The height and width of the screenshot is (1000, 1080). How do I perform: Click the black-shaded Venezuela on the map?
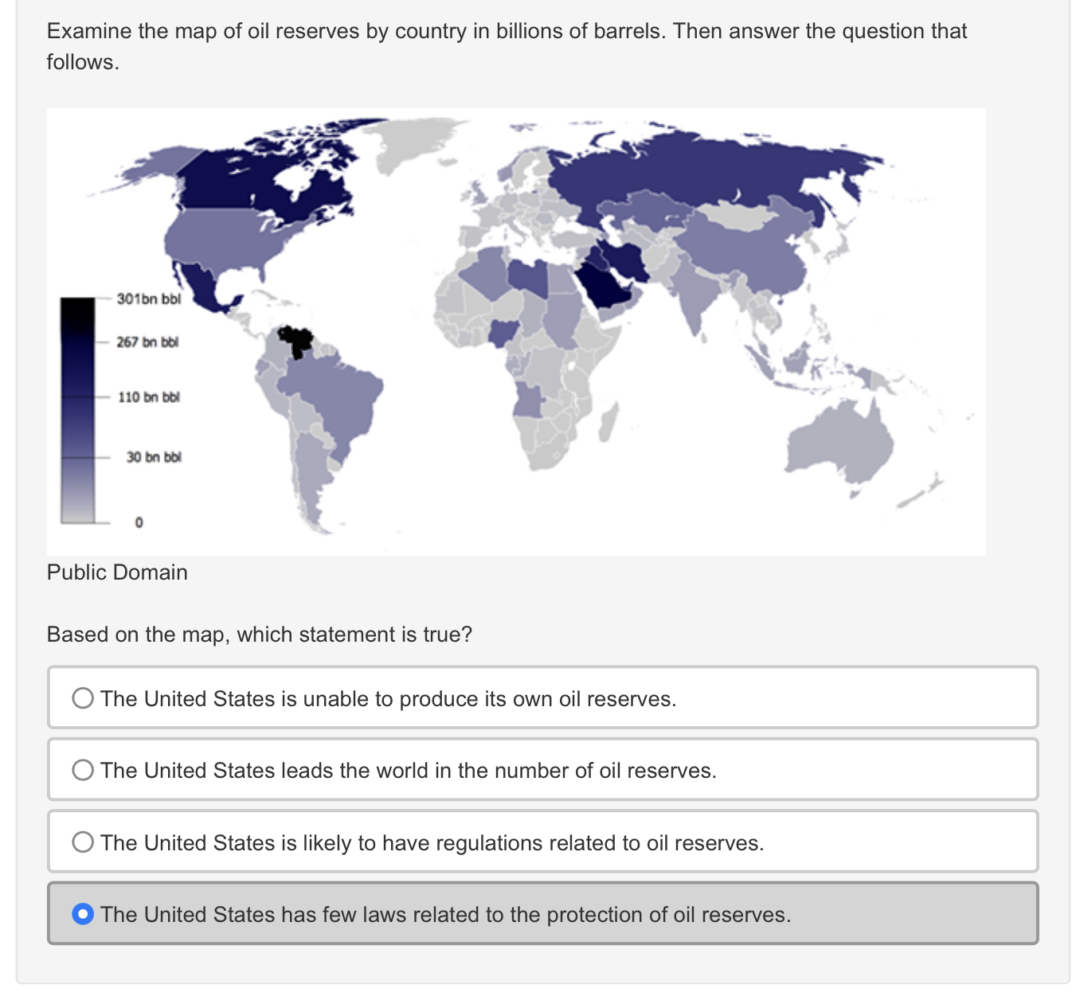click(297, 342)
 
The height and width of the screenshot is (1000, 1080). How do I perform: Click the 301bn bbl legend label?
click(149, 299)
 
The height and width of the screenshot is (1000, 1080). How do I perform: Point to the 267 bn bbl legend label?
click(147, 342)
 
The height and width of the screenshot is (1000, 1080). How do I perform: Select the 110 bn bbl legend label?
click(148, 396)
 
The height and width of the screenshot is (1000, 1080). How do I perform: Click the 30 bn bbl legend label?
click(153, 457)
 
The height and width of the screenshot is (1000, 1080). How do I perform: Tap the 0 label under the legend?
click(139, 523)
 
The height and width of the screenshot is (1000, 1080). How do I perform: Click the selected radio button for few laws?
click(83, 914)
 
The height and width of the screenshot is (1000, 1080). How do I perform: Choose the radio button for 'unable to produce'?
click(83, 698)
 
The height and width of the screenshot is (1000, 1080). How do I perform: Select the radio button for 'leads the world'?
click(83, 770)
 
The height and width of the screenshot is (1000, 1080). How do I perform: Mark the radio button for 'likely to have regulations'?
click(83, 842)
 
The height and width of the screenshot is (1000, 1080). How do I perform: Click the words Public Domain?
click(117, 572)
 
